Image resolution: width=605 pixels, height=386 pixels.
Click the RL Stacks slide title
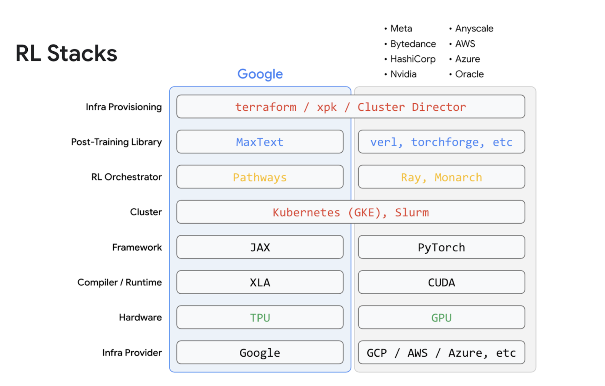tap(66, 53)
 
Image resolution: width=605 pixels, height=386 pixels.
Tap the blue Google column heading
tap(260, 74)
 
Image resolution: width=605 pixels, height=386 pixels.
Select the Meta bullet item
tap(401, 28)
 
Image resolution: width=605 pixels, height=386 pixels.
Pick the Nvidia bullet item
tap(403, 74)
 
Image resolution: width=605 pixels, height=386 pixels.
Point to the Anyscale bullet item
tap(474, 28)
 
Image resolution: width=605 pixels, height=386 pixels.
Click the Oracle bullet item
tap(469, 74)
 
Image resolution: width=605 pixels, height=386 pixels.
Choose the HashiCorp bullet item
tap(413, 59)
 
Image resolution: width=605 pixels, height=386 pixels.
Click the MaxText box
tap(260, 142)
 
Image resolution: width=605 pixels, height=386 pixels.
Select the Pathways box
tap(260, 177)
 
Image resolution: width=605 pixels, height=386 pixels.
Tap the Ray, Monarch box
tap(441, 177)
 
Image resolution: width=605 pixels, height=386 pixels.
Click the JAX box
tap(260, 247)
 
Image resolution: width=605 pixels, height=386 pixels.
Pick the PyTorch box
tap(441, 247)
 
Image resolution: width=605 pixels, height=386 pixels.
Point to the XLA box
tap(260, 282)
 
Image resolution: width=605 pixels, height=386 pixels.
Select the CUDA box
tap(441, 282)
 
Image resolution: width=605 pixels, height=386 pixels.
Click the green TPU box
tap(260, 317)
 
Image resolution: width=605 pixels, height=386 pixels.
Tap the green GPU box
tap(441, 317)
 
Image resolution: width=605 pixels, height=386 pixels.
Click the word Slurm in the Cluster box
tap(412, 212)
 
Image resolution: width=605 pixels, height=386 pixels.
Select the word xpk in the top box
tap(327, 107)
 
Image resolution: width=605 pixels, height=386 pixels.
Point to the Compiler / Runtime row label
tap(119, 282)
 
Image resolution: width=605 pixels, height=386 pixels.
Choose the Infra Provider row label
tap(132, 353)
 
